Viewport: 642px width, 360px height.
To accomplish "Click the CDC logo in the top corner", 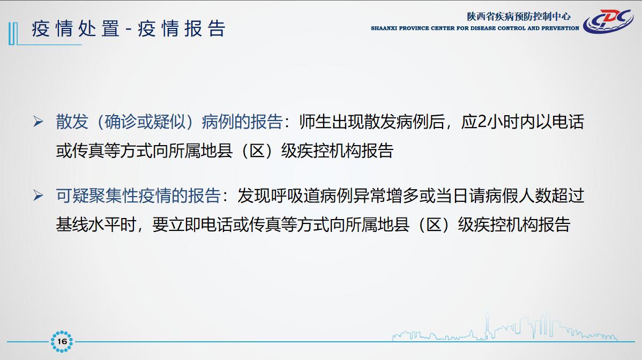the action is [608, 21].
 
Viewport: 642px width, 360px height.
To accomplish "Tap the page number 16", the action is [62, 341].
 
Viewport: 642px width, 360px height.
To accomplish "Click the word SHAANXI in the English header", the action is [384, 28].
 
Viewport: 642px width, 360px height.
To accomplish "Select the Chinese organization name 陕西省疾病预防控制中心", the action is [519, 17].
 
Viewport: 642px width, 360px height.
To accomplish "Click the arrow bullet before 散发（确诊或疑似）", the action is [39, 122].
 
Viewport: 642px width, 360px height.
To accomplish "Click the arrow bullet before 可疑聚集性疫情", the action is [39, 196].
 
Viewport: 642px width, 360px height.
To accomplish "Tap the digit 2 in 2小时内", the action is [482, 122].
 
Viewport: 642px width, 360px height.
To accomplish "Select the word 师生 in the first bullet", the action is [315, 122].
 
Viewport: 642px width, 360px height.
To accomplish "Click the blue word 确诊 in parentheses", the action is [121, 122].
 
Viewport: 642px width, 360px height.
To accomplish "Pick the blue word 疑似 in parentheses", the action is [169, 122].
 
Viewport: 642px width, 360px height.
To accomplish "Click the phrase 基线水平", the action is [88, 224].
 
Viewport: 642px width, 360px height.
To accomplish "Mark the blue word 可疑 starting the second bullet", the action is [72, 196].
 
